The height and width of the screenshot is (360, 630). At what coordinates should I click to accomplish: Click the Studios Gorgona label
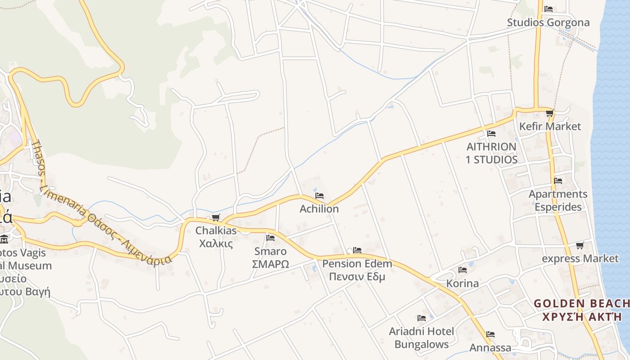[548, 22]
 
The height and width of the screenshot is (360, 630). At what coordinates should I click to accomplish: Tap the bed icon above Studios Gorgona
[549, 9]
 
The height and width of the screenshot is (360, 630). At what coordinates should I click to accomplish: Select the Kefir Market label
[550, 126]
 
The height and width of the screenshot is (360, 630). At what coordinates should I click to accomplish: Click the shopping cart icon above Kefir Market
[549, 113]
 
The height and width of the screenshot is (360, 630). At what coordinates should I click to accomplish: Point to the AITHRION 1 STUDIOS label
[491, 153]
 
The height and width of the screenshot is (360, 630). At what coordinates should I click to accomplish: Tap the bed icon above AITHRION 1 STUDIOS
[491, 134]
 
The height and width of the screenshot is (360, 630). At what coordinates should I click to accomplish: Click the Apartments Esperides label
[558, 200]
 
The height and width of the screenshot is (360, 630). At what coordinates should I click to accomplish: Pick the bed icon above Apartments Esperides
[558, 181]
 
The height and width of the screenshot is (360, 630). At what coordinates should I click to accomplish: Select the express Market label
[580, 259]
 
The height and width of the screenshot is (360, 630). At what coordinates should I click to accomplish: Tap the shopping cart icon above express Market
[580, 245]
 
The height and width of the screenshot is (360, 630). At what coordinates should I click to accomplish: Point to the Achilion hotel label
[319, 209]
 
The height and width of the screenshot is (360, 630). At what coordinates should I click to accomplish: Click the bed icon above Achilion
[319, 196]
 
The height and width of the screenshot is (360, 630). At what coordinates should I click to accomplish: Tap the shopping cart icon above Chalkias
[216, 218]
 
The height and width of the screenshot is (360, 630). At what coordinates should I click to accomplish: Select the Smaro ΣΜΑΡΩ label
[270, 257]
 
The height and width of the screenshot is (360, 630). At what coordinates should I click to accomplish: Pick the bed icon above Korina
[462, 270]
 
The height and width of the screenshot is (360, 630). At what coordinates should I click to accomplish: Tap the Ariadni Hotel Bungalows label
[422, 337]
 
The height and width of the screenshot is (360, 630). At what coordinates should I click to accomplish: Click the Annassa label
[490, 348]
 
